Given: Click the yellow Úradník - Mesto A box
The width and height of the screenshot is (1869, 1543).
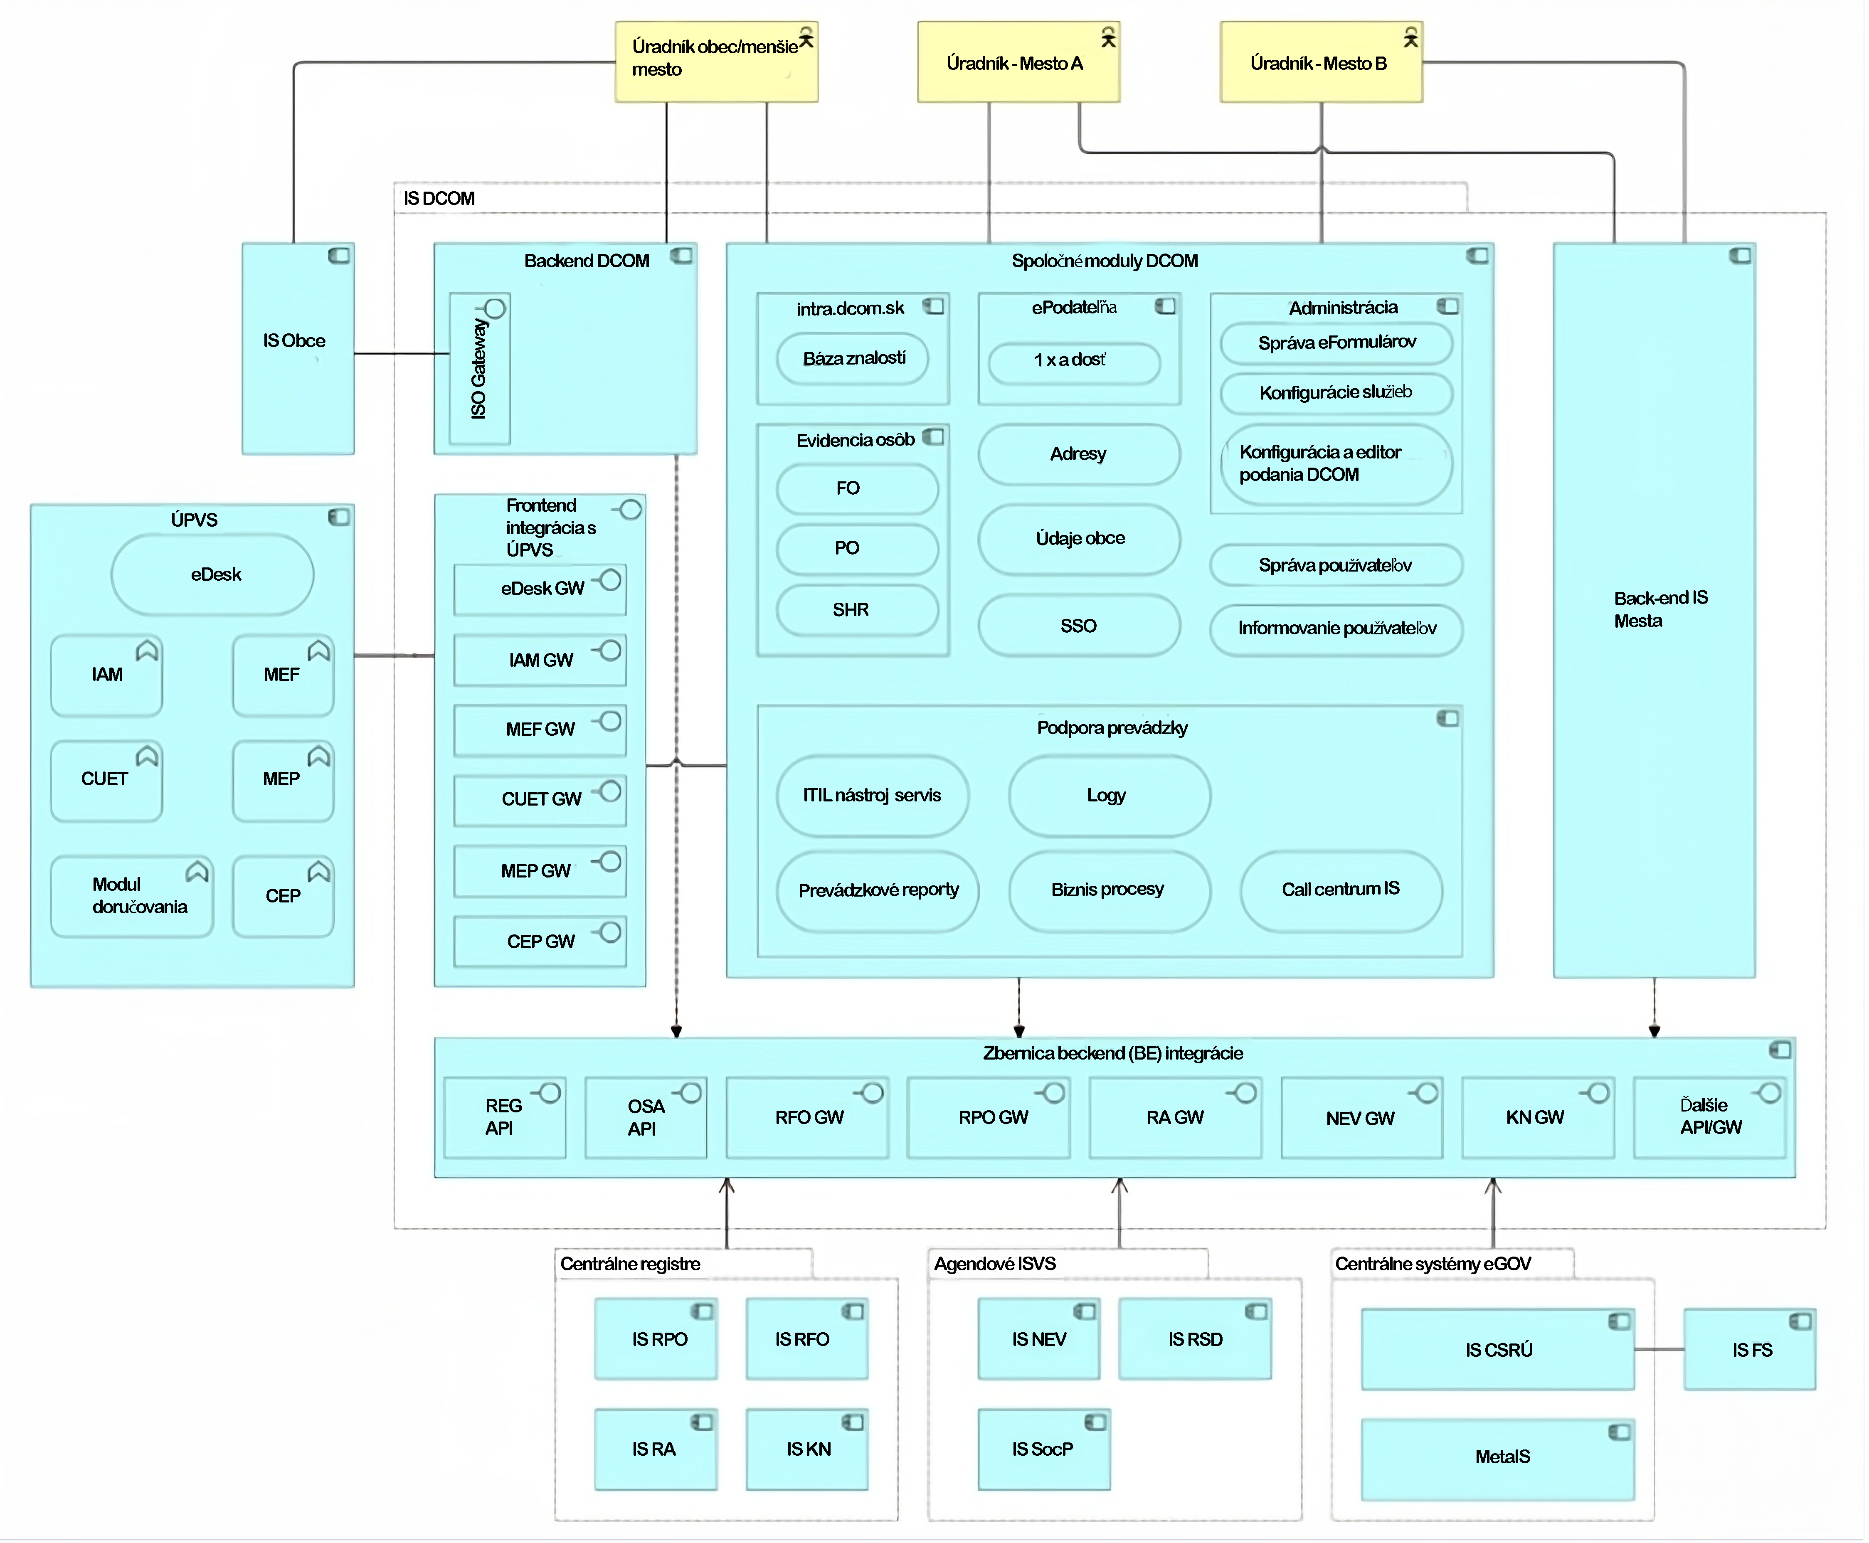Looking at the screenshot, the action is click(1018, 62).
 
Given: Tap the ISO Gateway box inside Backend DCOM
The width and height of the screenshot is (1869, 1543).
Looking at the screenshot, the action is click(480, 369).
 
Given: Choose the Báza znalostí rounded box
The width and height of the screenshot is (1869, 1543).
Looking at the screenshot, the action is click(853, 358).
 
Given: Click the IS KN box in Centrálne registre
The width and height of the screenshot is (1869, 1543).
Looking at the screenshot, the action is click(807, 1449).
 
